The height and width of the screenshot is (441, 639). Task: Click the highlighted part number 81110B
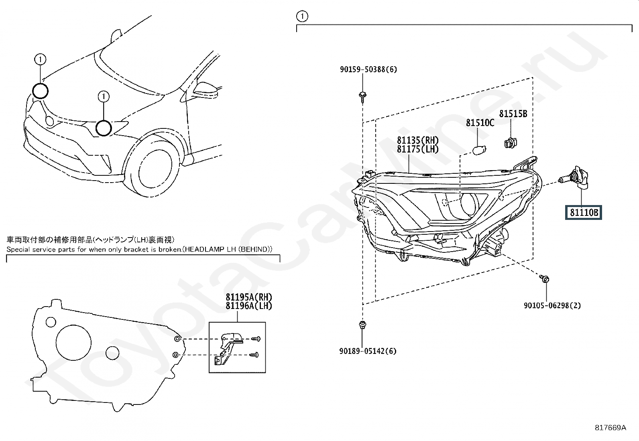[x=584, y=212]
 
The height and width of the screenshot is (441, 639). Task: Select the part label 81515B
[x=513, y=114]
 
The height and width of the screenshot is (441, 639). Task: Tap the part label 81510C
[x=480, y=123]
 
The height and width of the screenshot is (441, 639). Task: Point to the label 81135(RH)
[x=418, y=140]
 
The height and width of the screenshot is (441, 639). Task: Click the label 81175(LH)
[x=418, y=149]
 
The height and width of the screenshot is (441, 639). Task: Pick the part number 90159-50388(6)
[x=368, y=69]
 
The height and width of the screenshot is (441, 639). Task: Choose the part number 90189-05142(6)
[x=368, y=351]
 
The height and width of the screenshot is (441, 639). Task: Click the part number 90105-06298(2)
[x=552, y=306]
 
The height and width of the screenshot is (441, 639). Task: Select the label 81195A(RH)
[x=249, y=297]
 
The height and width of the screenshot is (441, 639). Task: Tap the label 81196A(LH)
[x=249, y=306]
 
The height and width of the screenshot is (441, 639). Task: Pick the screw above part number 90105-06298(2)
[x=544, y=278]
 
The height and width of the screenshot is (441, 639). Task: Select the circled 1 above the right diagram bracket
[x=302, y=16]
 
